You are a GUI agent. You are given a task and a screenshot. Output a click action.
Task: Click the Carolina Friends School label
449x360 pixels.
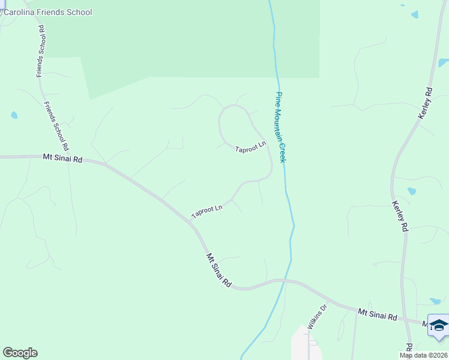(x=48, y=12)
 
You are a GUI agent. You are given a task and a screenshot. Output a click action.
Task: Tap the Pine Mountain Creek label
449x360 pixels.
(x=280, y=126)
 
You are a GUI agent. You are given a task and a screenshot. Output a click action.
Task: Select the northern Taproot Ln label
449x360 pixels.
(x=250, y=147)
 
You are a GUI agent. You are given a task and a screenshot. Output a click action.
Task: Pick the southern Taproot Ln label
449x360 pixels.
(x=206, y=211)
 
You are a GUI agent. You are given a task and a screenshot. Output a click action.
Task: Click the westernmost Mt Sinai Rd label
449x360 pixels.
(x=62, y=158)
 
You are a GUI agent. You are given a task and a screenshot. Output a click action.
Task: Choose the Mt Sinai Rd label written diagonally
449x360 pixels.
(x=219, y=269)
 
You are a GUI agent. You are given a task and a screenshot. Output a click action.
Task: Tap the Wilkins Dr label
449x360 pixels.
(x=317, y=317)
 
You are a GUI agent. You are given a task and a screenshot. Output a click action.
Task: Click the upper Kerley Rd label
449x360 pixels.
(x=425, y=103)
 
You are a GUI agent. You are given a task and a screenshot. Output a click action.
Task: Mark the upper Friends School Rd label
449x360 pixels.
(x=41, y=51)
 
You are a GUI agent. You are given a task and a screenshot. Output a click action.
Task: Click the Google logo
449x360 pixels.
(x=20, y=353)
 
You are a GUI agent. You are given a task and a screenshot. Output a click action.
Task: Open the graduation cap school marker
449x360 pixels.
(x=439, y=326)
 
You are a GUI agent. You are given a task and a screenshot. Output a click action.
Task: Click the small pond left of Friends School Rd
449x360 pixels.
(x=14, y=115)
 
